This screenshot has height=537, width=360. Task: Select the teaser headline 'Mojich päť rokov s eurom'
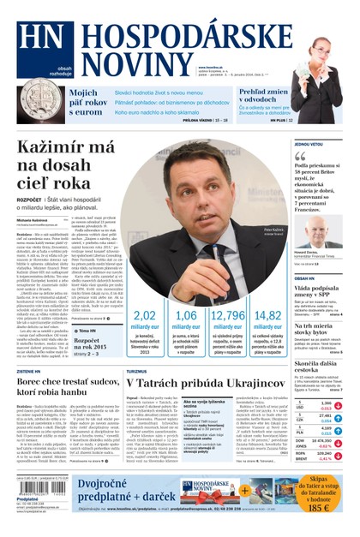click(x=87, y=102)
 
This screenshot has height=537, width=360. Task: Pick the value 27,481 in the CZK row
click(x=322, y=415)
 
